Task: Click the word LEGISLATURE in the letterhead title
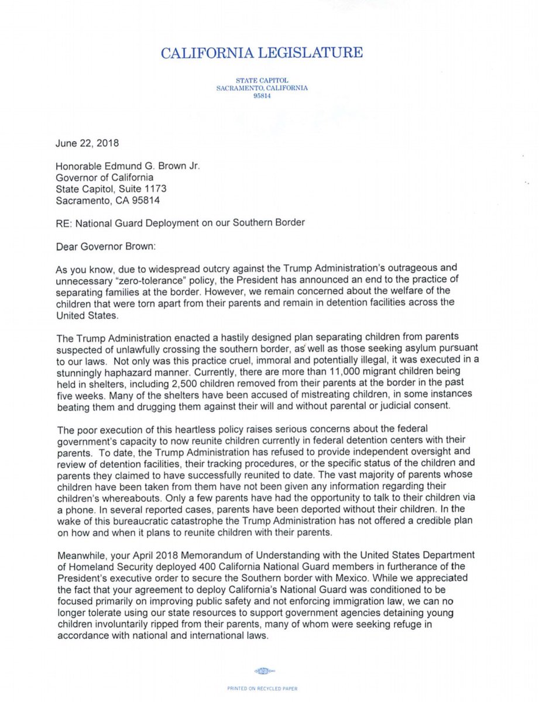pos(314,53)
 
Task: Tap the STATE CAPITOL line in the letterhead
pos(262,80)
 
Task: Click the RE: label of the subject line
pos(65,222)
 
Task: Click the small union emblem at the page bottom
pos(265,670)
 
